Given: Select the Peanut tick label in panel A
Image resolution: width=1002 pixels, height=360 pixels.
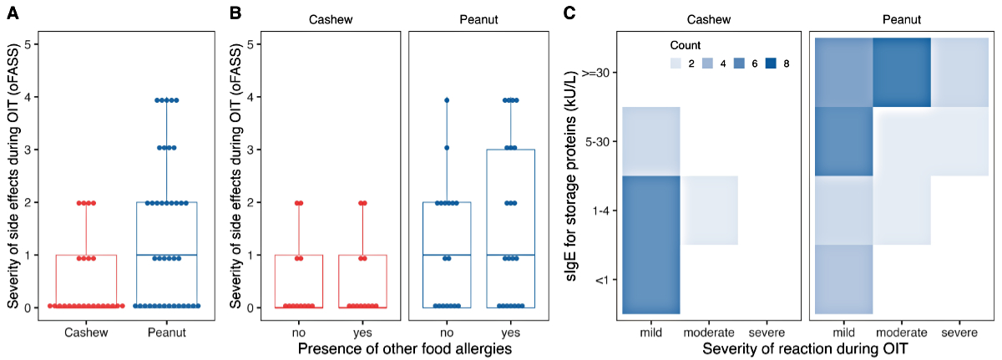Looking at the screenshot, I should click(x=166, y=332).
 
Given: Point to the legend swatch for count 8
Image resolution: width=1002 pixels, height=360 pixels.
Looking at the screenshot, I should click(x=769, y=63).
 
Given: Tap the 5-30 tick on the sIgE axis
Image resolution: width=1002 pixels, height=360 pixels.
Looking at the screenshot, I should click(x=602, y=142).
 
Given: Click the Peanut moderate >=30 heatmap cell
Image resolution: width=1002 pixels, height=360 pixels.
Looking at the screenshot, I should click(x=902, y=72).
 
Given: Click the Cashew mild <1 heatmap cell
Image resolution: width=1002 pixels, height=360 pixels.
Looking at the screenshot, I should click(x=651, y=245).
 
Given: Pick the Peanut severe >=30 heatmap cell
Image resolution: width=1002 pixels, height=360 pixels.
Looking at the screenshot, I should click(x=962, y=72).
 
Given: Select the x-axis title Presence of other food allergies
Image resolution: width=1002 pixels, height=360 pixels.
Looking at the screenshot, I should click(x=404, y=349).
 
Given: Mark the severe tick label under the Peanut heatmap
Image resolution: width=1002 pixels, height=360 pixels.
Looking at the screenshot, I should click(x=962, y=332).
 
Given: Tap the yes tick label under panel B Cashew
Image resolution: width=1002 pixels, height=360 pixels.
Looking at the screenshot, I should click(x=362, y=332).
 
